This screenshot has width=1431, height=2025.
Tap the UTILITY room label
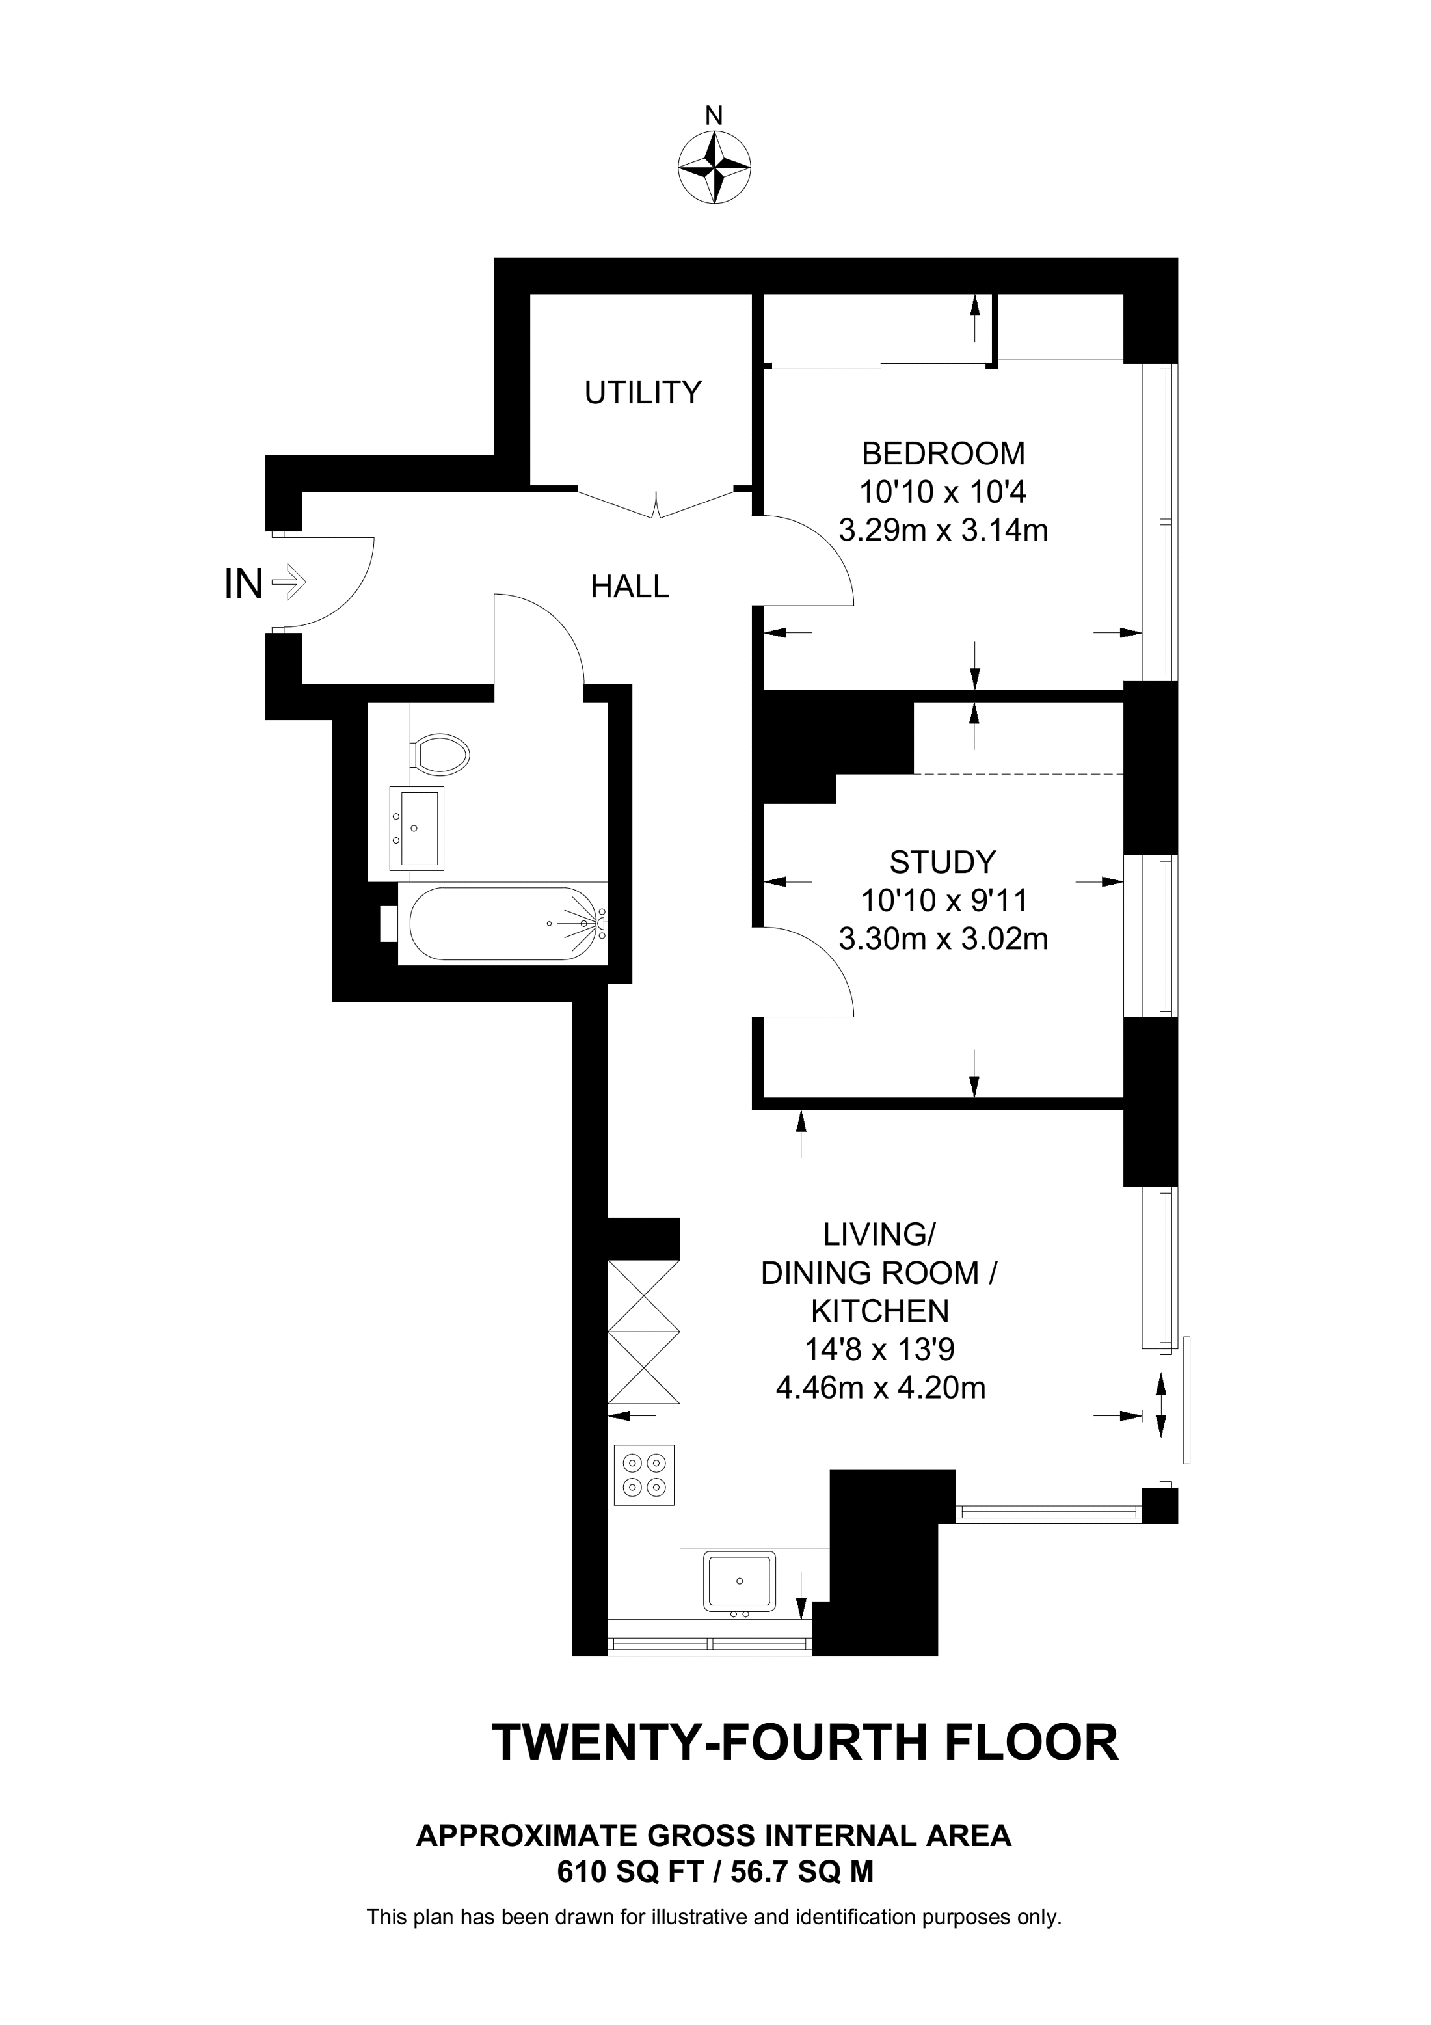[x=643, y=392]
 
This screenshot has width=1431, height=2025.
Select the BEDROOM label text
[x=943, y=453]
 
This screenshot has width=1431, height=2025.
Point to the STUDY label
[x=943, y=861]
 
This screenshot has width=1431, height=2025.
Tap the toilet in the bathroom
[x=441, y=755]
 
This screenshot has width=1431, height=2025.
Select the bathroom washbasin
[x=417, y=828]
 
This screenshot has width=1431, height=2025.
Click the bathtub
[x=503, y=924]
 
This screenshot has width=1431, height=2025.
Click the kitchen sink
[x=739, y=1581]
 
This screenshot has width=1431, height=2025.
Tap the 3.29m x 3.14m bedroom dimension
[x=943, y=531]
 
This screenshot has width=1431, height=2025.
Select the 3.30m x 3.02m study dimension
[x=943, y=939]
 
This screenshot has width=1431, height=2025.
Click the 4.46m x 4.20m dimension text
[x=880, y=1388]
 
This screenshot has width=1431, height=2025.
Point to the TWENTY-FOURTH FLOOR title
[x=805, y=1742]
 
